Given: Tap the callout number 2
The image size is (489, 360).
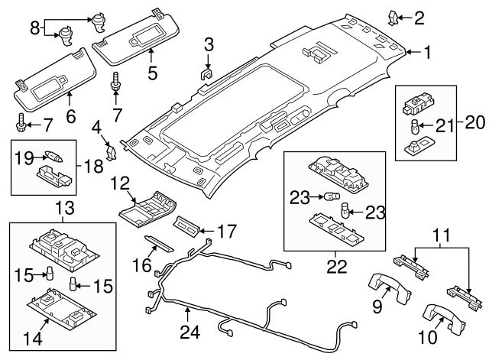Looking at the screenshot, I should pyautogui.click(x=419, y=15).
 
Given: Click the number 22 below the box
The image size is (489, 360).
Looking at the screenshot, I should pyautogui.click(x=335, y=267).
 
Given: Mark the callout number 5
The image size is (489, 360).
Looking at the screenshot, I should pyautogui.click(x=152, y=73).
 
